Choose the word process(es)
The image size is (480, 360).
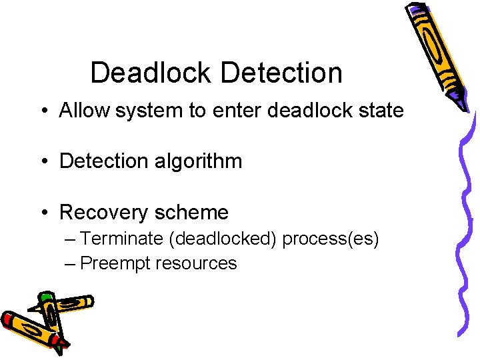[x=331, y=239]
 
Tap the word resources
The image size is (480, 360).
[x=197, y=263]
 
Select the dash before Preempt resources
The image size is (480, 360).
[x=71, y=263]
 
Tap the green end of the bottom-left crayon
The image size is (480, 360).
[x=45, y=297]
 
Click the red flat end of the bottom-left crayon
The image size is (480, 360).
[x=8, y=320]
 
